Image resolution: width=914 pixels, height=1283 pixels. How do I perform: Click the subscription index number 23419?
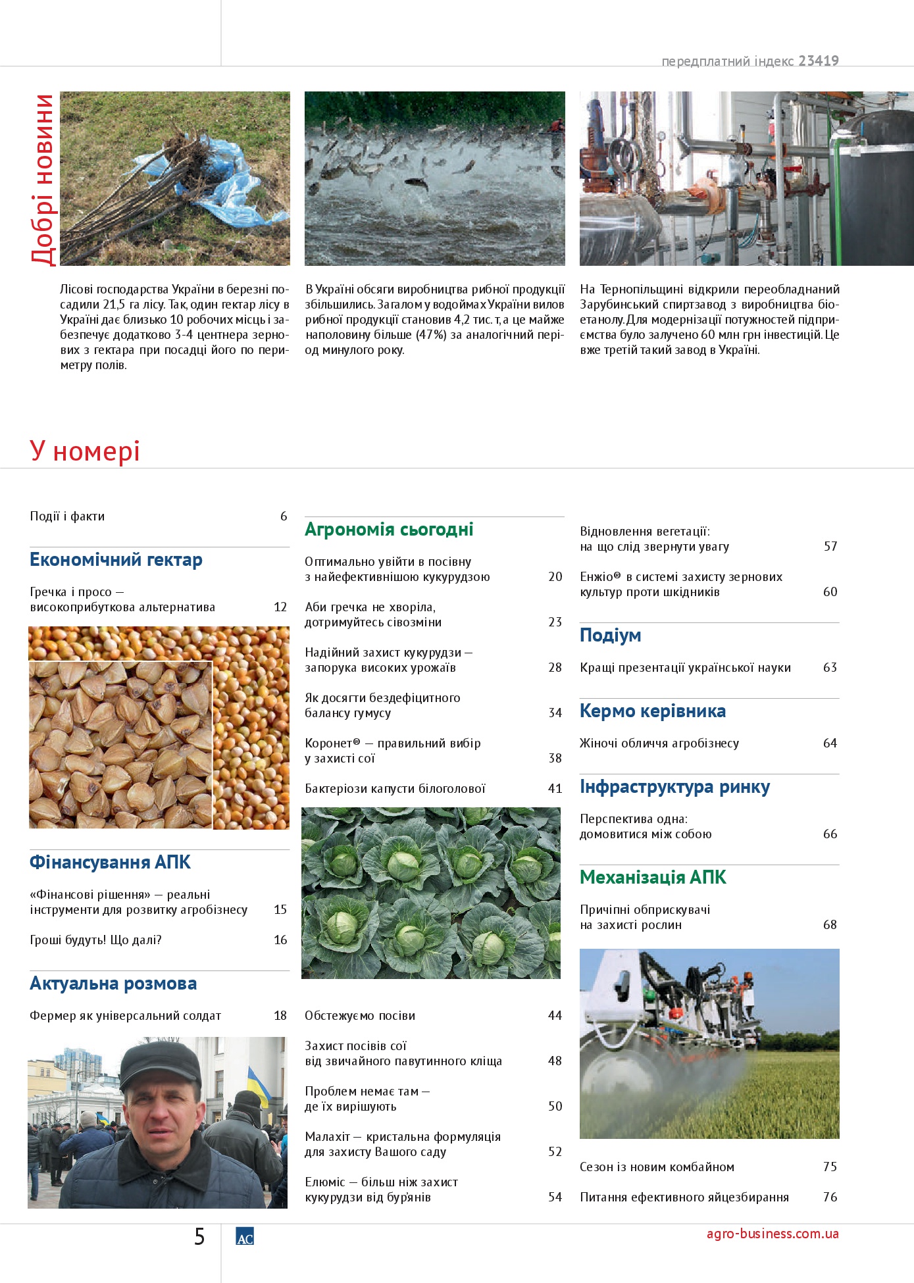click(x=819, y=61)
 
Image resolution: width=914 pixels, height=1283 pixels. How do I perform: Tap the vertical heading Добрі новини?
click(x=43, y=179)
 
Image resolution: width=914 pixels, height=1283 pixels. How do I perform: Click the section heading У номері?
click(x=85, y=451)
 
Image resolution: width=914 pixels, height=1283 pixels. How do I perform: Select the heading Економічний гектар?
click(x=116, y=560)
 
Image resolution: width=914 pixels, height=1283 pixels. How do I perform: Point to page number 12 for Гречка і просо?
click(x=280, y=607)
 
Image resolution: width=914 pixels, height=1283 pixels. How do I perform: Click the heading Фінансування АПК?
click(x=110, y=863)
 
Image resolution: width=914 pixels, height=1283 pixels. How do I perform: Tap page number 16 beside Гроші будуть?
click(x=280, y=940)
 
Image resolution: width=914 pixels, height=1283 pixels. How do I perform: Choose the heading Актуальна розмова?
click(x=113, y=984)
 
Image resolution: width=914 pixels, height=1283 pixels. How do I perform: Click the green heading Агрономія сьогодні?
click(x=389, y=530)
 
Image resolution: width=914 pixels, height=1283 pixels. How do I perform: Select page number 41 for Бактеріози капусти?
click(x=555, y=789)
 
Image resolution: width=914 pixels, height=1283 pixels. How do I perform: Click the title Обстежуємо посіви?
click(x=360, y=1016)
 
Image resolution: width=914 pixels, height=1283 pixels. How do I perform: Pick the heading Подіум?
click(x=610, y=636)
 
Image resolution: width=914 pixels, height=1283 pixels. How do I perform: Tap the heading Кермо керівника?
click(x=652, y=711)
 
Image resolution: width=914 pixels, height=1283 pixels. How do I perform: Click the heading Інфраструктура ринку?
click(x=674, y=787)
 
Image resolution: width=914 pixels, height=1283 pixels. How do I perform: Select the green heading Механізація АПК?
click(x=653, y=878)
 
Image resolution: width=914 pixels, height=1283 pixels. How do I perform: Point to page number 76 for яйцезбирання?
click(x=830, y=1197)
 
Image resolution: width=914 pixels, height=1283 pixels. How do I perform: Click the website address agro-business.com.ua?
click(x=773, y=1234)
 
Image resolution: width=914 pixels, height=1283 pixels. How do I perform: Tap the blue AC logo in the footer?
click(x=245, y=1237)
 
